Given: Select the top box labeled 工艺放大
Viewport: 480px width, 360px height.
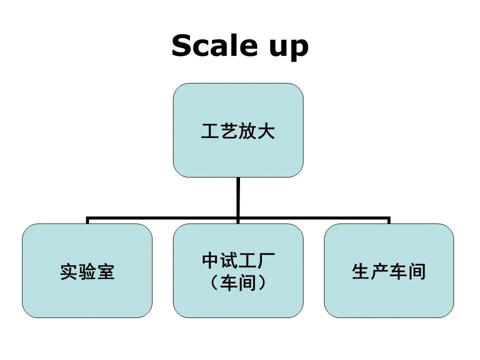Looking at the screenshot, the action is point(238,130).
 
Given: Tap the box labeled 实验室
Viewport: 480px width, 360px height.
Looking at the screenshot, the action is point(87,270).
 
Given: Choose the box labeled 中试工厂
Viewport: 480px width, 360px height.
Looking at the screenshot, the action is point(238,270).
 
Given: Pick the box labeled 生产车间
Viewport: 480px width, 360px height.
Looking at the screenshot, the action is point(389,270).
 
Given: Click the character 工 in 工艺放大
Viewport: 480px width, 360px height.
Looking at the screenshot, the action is point(210,131).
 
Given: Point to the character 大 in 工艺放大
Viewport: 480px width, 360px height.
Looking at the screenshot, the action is point(265,131).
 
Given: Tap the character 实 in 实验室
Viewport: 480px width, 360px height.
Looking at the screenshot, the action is point(69,271).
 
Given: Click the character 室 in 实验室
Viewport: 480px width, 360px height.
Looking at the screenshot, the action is point(105,271).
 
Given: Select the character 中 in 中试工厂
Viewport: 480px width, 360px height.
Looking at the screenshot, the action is point(210,260).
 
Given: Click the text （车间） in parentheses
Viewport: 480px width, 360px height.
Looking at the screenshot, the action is point(238,282).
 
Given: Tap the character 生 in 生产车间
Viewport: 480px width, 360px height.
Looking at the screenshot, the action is point(361,271).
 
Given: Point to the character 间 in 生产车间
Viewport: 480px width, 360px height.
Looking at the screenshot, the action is point(416,271).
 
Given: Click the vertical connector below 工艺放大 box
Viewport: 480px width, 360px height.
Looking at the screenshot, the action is point(238,197).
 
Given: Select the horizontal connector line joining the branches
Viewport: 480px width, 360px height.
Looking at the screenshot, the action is point(238,218).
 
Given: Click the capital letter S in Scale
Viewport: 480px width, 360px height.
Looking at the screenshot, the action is point(182,45).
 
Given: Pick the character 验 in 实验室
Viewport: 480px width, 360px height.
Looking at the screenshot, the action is point(87,271).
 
